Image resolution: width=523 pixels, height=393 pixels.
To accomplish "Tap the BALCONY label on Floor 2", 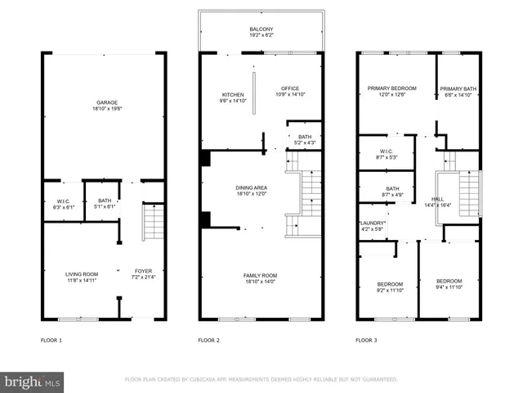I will click(261, 29).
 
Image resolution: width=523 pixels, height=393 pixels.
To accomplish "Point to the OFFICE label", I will click(290, 88).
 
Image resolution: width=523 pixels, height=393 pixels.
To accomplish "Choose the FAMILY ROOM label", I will click(260, 275).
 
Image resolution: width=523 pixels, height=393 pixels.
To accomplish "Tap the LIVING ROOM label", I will click(82, 273).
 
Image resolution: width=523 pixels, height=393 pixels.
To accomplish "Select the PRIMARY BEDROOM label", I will click(392, 88).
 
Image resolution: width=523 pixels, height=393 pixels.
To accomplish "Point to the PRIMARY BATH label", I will click(458, 88).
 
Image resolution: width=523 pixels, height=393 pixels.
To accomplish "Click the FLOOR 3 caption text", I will click(366, 340).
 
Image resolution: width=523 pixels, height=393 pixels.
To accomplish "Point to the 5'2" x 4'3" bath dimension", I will click(304, 143).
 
